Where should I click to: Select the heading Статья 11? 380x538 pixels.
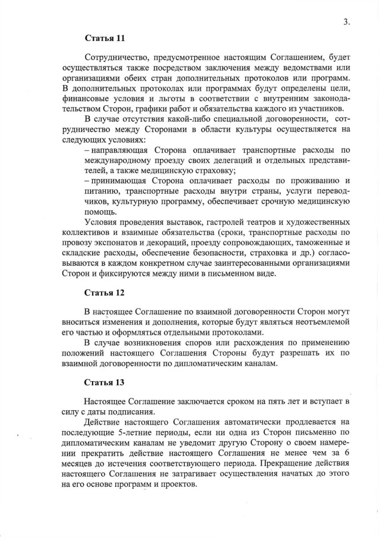(x=105, y=39)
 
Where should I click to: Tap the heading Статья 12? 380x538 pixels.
(x=105, y=293)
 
